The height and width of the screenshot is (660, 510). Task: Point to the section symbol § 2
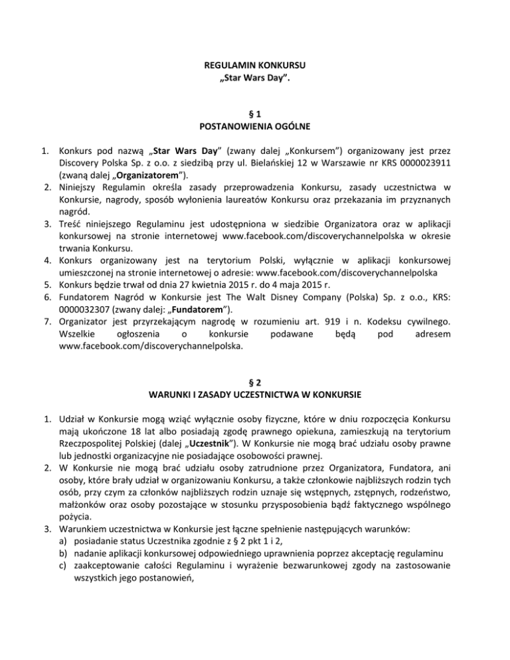[255, 383]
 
